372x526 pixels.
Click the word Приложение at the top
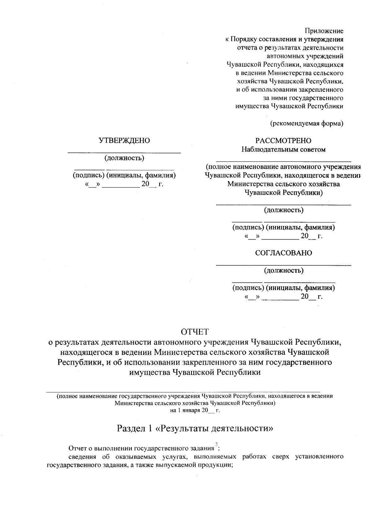[x=324, y=31]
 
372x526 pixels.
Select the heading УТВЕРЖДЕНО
[x=124, y=141]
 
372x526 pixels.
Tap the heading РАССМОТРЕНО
[x=283, y=141]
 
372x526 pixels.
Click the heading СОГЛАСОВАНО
[x=283, y=253]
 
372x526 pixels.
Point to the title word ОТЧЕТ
[x=195, y=332]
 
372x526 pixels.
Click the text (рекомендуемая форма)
[x=307, y=124]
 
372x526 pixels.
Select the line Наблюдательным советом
[x=283, y=149]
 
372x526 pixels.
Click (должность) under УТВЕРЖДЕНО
[x=124, y=158]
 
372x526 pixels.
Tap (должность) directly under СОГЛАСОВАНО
[x=283, y=271]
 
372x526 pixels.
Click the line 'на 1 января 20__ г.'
[x=195, y=410]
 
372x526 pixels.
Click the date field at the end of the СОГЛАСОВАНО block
[x=283, y=297]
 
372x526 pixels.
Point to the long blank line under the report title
[x=183, y=392]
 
